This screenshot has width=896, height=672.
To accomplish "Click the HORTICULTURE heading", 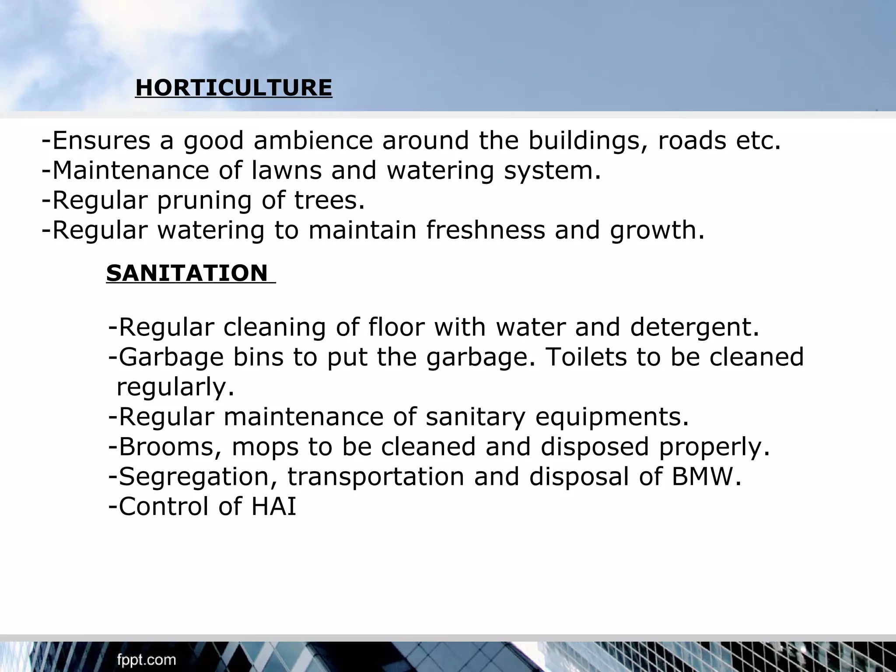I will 234,87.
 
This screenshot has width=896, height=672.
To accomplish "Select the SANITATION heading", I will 187,273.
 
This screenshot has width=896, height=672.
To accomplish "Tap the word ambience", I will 313,141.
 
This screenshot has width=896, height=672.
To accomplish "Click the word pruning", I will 204,200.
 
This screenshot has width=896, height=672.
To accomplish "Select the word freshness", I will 486,230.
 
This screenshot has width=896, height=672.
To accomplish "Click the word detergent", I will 694,327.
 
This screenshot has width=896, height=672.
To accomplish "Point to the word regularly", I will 175,387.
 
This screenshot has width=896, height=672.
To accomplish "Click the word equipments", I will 612,416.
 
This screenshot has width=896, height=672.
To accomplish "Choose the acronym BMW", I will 706,476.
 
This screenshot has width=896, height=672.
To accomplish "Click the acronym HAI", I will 274,506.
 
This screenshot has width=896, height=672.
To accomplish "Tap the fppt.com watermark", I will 147,660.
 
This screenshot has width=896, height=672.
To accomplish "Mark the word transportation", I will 375,476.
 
